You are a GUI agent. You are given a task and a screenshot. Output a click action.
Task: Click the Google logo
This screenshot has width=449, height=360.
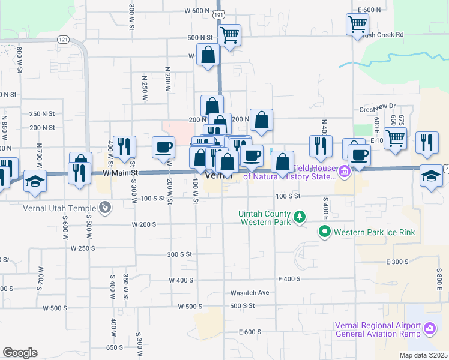(x=20, y=352)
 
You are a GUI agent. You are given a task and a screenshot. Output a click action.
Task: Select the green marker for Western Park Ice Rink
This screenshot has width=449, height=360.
(x=325, y=230)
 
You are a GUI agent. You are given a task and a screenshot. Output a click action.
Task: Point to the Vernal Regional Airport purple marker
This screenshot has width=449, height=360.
(x=429, y=328)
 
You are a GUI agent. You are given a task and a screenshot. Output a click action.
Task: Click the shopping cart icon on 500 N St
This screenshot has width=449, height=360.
(x=229, y=35)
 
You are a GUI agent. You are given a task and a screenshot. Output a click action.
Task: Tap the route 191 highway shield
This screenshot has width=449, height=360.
(x=219, y=13)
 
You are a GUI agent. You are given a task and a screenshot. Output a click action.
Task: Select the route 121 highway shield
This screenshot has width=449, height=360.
(x=63, y=39)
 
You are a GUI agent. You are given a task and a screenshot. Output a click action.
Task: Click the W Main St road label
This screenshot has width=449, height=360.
(x=121, y=173)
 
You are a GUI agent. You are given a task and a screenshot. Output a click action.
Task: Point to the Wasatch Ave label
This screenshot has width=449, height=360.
(x=250, y=293)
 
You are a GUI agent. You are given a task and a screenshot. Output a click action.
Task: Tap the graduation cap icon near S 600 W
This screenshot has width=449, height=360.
(x=35, y=181)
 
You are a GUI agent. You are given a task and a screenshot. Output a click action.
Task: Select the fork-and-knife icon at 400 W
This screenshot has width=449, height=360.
(x=124, y=146)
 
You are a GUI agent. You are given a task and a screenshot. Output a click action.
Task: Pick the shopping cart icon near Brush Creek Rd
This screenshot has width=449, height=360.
(x=357, y=24)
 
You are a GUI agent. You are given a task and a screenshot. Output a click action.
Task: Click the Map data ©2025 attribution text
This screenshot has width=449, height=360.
(x=423, y=355)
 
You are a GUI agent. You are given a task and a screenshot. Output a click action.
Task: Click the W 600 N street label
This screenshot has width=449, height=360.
(x=197, y=11)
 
